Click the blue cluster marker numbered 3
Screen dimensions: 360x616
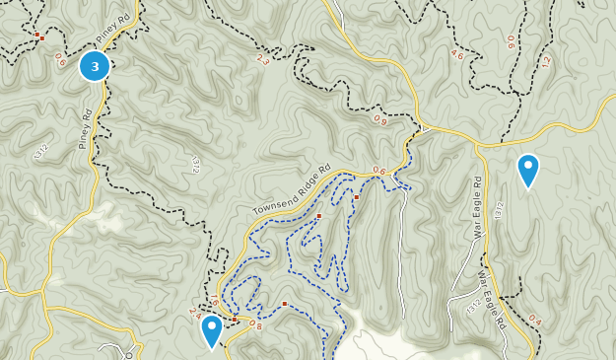tap(95, 66)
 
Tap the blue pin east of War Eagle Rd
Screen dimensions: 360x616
tap(528, 169)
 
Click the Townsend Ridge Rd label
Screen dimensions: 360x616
tap(289, 191)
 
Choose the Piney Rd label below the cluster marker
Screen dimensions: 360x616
tap(85, 129)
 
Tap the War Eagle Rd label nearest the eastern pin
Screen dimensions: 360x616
tap(478, 207)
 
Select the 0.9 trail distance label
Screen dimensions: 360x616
tap(380, 120)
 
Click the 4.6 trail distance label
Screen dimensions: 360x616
tap(457, 55)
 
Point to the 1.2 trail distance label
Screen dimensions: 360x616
tap(545, 61)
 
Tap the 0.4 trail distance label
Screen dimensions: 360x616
tap(535, 319)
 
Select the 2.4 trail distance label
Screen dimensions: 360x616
tap(194, 311)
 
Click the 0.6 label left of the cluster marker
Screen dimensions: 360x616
tap(61, 60)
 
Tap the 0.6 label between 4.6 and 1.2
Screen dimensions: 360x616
tap(511, 42)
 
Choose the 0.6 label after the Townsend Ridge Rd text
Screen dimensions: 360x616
tap(379, 170)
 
